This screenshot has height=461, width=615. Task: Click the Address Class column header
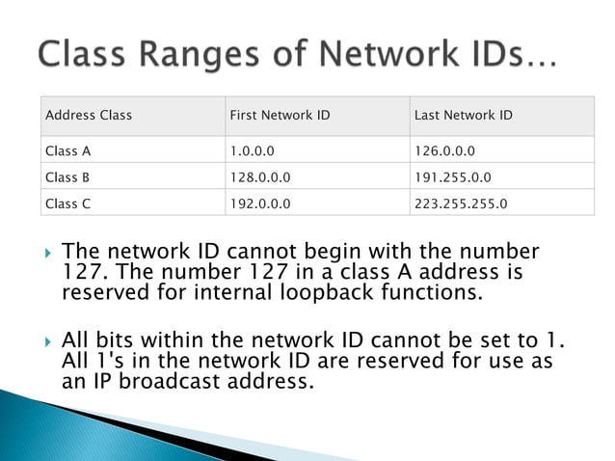pyautogui.click(x=89, y=116)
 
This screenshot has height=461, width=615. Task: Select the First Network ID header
pyautogui.click(x=280, y=116)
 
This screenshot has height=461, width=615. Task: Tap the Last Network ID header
pyautogui.click(x=463, y=116)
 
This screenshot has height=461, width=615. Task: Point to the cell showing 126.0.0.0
pyautogui.click(x=444, y=151)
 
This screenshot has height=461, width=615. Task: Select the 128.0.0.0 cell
pyautogui.click(x=260, y=177)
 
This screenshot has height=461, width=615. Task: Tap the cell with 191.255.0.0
pyautogui.click(x=452, y=177)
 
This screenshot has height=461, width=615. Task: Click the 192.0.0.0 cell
pyautogui.click(x=260, y=203)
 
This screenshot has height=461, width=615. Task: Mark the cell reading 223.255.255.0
pyautogui.click(x=460, y=203)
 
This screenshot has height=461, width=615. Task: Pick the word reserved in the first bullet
pyautogui.click(x=103, y=293)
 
